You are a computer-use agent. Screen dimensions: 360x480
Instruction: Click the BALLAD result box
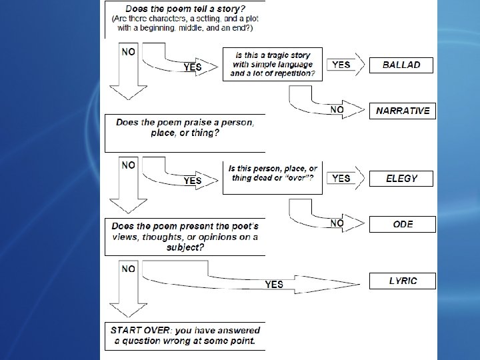(x=402, y=65)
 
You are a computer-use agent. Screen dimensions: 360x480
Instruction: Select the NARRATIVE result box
(x=403, y=111)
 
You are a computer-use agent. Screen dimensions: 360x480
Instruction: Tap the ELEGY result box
(x=402, y=178)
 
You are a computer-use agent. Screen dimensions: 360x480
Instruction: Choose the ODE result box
(x=403, y=225)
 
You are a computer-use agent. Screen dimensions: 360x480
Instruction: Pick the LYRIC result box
(x=403, y=281)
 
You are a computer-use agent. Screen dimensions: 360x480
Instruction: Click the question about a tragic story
(x=272, y=64)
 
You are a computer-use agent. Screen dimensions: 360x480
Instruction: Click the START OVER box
(x=185, y=336)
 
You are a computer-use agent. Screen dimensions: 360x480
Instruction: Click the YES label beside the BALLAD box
(x=341, y=65)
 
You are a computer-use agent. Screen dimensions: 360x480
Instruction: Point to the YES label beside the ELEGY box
(x=341, y=178)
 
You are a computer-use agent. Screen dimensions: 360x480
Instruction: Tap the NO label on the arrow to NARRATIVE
(x=337, y=109)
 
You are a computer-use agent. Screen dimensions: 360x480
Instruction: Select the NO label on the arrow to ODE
(x=337, y=222)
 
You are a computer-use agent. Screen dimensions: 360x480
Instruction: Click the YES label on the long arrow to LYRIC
(x=274, y=284)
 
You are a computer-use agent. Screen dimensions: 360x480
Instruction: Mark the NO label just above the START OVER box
(x=129, y=269)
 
